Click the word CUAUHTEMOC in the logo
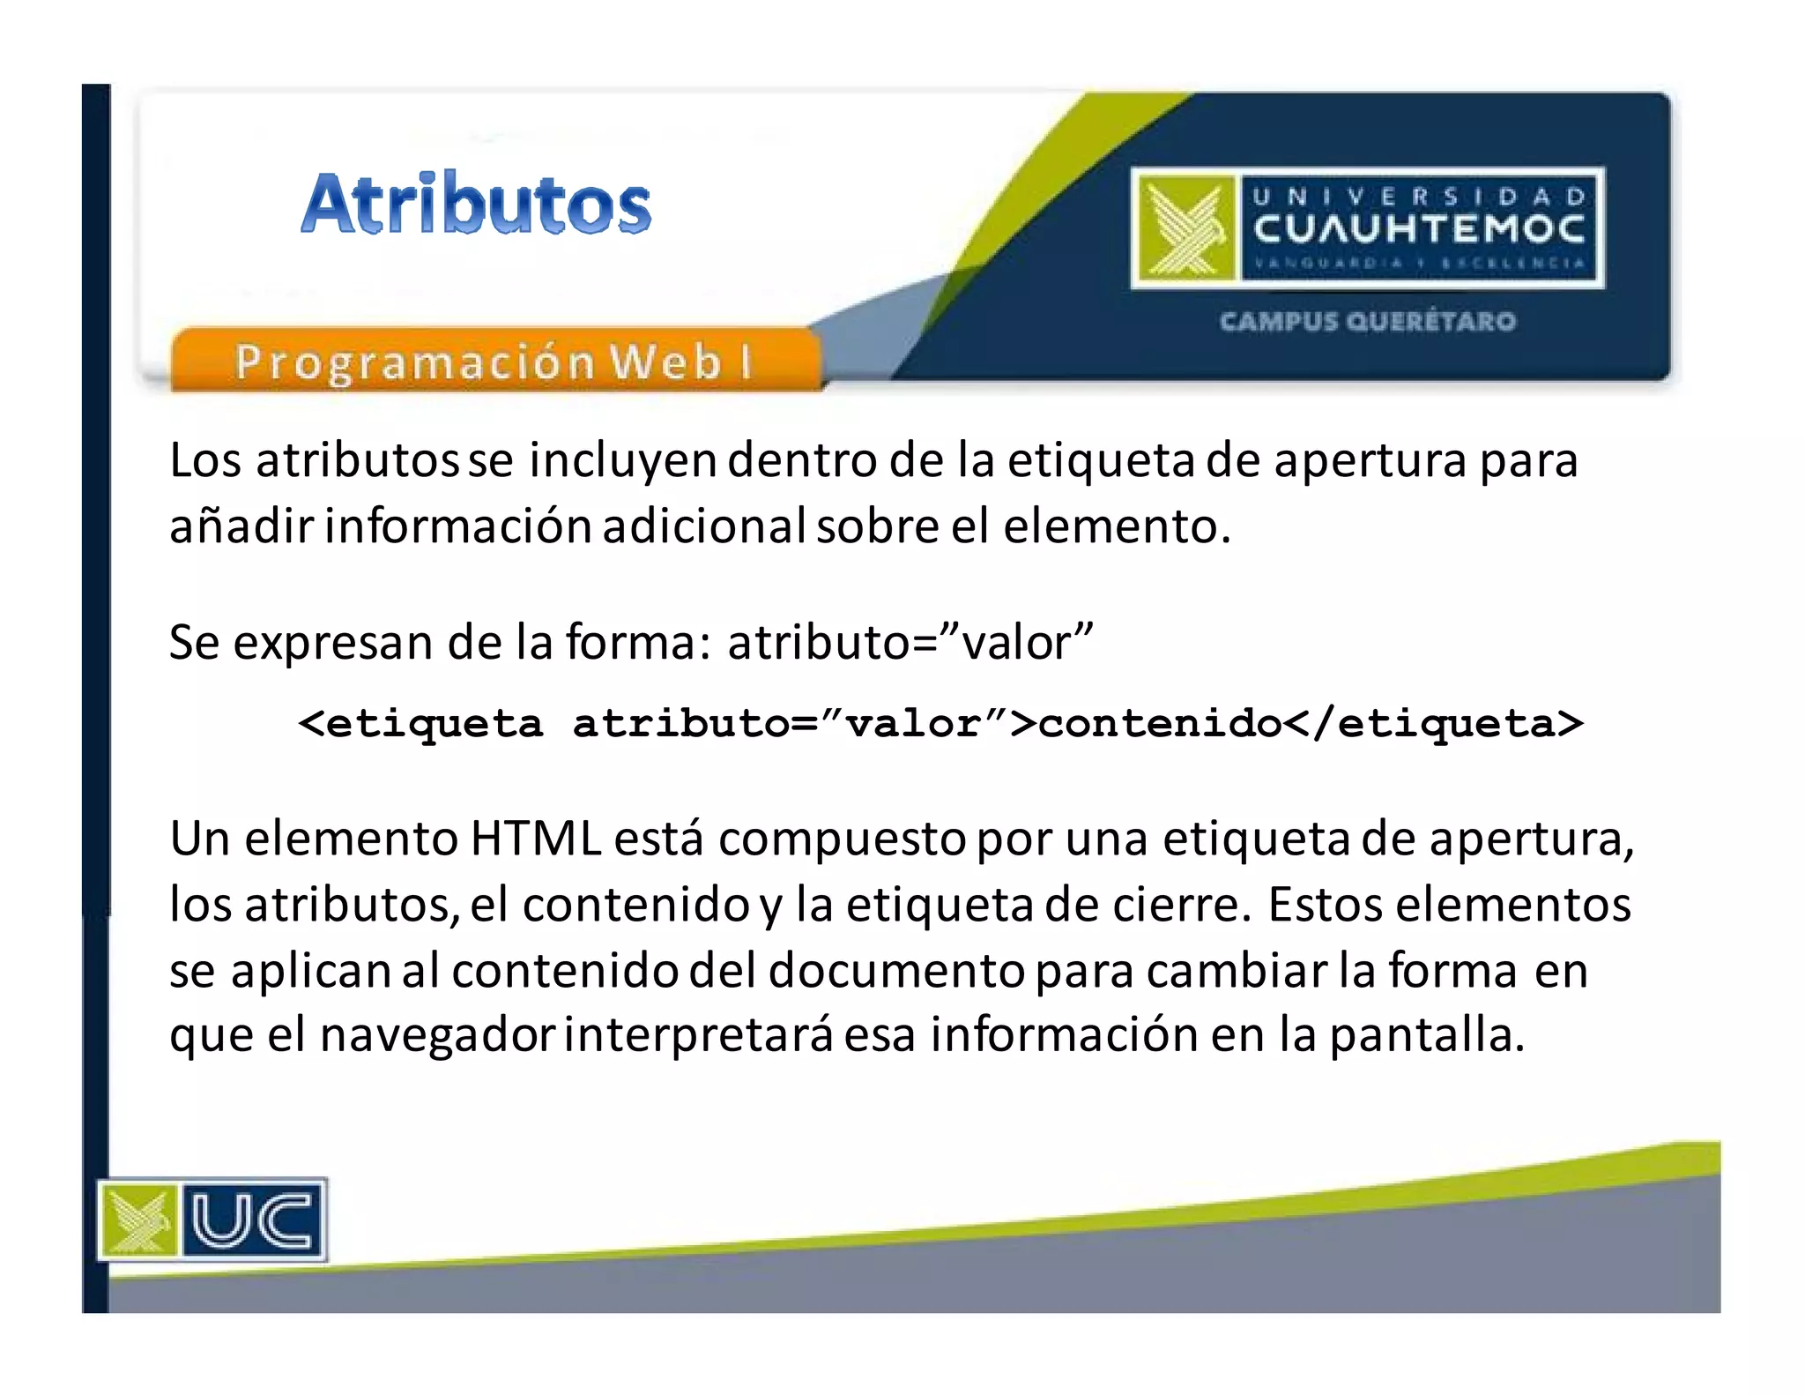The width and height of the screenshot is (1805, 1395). click(1418, 229)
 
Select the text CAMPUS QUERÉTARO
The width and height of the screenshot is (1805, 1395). click(1367, 321)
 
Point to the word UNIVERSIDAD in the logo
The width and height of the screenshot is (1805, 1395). click(1418, 196)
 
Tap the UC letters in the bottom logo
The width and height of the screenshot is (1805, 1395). click(252, 1220)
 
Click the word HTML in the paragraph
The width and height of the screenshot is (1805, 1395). click(535, 839)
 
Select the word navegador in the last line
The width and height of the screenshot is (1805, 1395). click(437, 1035)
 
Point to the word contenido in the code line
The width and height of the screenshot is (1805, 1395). click(1160, 724)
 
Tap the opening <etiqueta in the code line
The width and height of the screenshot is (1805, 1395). click(421, 724)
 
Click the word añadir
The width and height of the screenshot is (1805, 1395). click(241, 526)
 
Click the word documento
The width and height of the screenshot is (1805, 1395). click(896, 971)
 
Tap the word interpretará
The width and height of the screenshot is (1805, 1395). click(698, 1035)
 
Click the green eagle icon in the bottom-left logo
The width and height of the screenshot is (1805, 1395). click(137, 1220)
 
